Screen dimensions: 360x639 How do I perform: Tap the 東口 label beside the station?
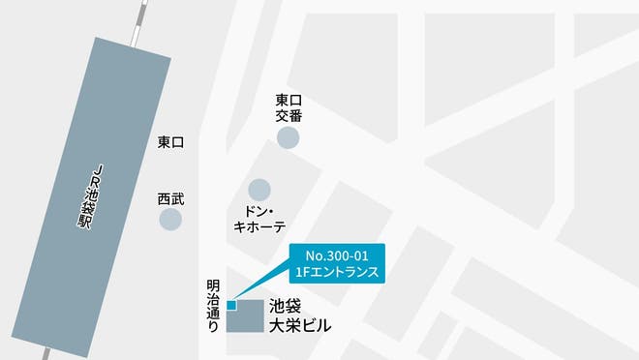[x=171, y=142]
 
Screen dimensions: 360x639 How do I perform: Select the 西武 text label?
[x=170, y=199]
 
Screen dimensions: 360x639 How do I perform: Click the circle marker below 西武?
[x=170, y=220]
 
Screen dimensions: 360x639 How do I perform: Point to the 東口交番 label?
[x=289, y=107]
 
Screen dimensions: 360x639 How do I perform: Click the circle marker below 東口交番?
[x=288, y=137]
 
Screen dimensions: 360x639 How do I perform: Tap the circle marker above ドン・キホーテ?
[x=259, y=189]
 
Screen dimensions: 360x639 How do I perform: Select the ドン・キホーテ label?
[x=259, y=219]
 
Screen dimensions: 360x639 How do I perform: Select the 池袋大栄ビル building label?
[x=300, y=315]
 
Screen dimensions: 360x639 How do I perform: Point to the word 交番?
[x=289, y=115]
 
